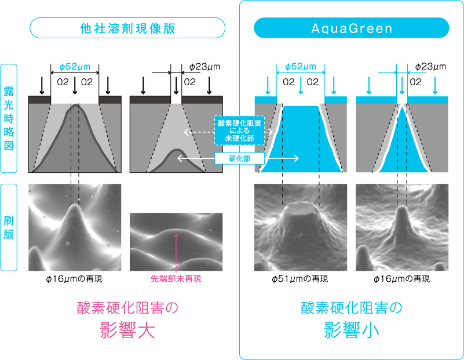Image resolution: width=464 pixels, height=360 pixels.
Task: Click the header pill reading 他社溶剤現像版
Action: (127, 28)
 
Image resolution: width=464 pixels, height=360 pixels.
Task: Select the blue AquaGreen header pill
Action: (352, 28)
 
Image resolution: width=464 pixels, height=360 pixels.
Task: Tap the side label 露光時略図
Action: (9, 118)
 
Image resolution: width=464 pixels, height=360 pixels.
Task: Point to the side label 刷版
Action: (9, 227)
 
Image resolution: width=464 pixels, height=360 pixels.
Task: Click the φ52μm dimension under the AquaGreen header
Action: (301, 67)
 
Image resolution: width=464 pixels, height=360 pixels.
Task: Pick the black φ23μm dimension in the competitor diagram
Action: (205, 67)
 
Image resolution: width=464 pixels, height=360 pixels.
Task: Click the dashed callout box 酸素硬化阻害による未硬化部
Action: (239, 130)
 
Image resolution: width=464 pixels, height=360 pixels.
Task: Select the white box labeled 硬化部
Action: (239, 158)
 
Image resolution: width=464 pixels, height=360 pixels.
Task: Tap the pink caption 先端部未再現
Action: (176, 279)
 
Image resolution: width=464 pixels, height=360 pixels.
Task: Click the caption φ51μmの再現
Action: (299, 279)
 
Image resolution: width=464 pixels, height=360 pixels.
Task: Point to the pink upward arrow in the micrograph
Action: (176, 253)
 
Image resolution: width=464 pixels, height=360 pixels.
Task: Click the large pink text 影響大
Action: (127, 330)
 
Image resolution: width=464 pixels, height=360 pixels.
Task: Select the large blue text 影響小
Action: (352, 330)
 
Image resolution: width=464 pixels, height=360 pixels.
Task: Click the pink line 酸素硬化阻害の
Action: (127, 308)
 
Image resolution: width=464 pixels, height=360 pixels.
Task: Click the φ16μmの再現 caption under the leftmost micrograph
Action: (74, 279)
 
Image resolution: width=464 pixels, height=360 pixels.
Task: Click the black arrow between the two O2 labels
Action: (75, 85)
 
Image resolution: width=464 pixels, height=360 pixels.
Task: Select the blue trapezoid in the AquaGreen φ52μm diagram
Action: (301, 139)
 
